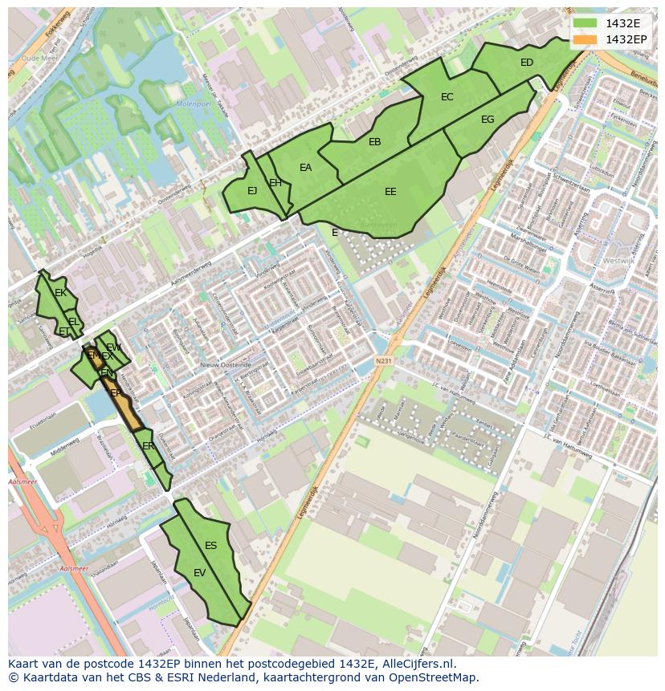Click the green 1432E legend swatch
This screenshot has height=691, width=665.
(585, 23)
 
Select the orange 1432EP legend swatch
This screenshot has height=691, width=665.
(585, 39)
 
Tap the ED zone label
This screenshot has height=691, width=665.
(527, 63)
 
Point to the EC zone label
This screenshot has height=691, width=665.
(447, 97)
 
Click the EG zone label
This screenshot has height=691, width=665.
(488, 120)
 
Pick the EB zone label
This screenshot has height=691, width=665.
(374, 142)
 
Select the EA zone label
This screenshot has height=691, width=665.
(305, 168)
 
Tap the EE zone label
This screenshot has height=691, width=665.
(390, 192)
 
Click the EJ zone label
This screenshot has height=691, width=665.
(252, 191)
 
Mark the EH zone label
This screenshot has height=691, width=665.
(275, 183)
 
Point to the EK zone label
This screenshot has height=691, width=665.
(60, 293)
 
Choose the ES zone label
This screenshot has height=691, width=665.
(210, 546)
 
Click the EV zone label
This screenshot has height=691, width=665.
(200, 573)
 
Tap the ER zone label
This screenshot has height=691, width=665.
(148, 445)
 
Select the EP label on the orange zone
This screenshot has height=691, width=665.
(116, 393)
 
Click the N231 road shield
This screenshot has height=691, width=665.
(384, 361)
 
